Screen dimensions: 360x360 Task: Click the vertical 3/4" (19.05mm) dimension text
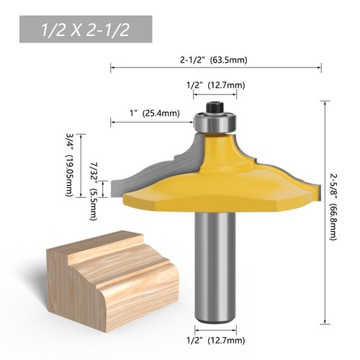pyautogui.click(x=71, y=166)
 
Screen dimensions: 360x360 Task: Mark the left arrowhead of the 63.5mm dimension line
pyautogui.click(x=112, y=68)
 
